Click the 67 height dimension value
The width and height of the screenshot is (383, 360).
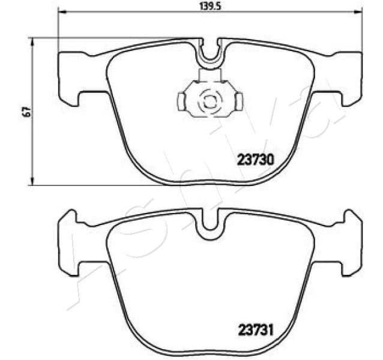click(25, 112)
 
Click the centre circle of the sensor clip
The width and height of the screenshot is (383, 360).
click(210, 101)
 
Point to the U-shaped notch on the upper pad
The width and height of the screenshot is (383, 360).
click(210, 55)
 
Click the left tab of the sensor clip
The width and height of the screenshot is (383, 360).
click(182, 101)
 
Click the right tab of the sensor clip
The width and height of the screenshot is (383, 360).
click(237, 101)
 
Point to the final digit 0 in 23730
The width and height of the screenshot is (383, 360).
click(271, 160)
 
